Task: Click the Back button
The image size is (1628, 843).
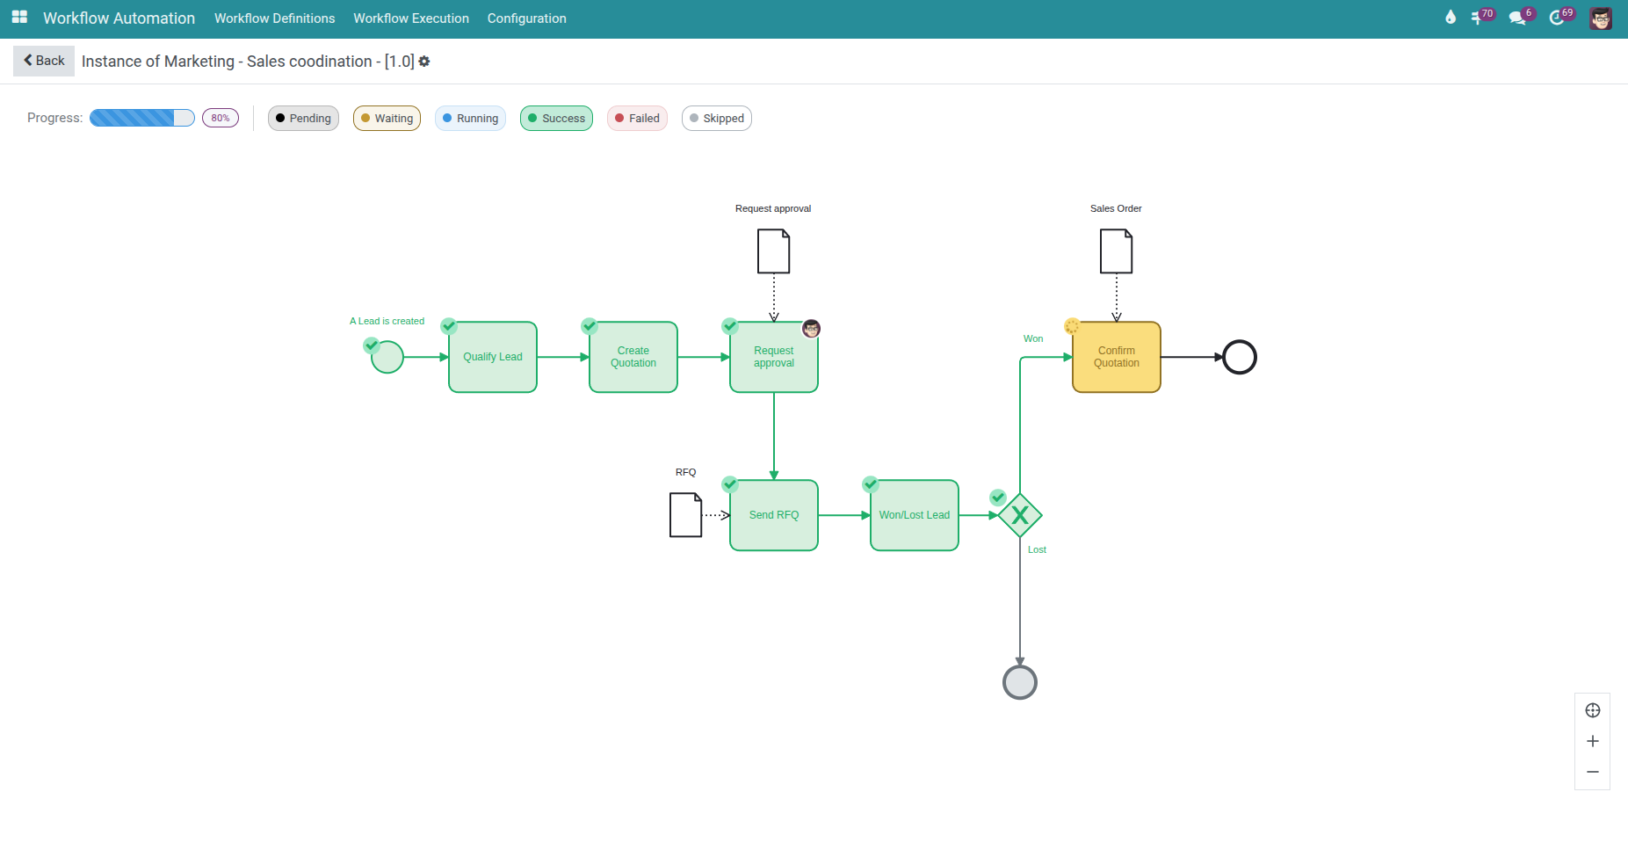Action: click(44, 61)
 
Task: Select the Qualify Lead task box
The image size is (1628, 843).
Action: click(493, 357)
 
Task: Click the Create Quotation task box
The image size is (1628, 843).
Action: click(633, 357)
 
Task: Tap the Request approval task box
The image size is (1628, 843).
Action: click(774, 357)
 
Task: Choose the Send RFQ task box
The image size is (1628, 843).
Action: click(774, 515)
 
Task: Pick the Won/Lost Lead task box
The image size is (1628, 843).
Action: click(915, 515)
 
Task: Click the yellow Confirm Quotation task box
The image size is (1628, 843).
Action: click(1117, 357)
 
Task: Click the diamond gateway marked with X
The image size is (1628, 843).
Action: click(1020, 515)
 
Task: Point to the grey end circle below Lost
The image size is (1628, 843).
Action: click(1020, 682)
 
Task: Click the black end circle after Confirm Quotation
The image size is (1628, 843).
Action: click(1240, 357)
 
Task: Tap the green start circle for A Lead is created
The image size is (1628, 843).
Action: click(387, 357)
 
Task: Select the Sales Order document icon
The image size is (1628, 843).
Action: click(1117, 251)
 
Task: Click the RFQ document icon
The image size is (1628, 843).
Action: click(685, 515)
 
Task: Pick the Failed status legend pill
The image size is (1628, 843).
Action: click(637, 119)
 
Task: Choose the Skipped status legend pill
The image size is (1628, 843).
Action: click(716, 119)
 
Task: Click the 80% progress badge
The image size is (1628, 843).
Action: click(221, 118)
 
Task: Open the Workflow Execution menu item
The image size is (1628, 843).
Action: click(411, 18)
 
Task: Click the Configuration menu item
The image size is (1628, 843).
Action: click(526, 18)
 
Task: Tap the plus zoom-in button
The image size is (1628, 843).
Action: click(1592, 741)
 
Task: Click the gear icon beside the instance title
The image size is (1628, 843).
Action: click(424, 62)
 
